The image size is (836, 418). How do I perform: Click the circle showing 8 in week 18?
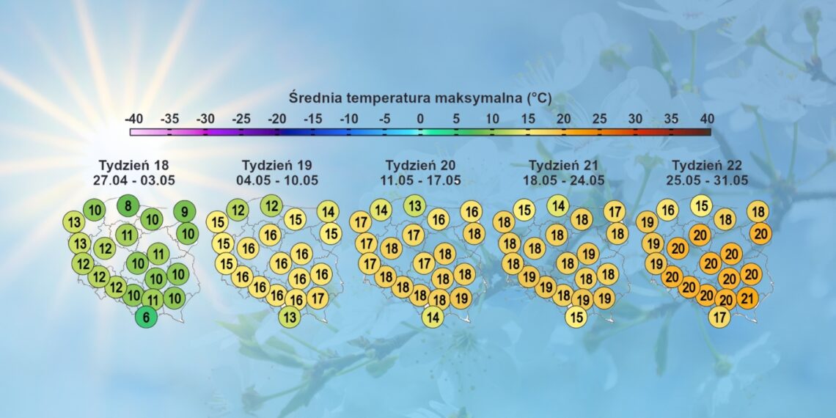coord(128,206)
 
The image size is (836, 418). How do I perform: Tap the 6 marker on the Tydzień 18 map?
coord(146,318)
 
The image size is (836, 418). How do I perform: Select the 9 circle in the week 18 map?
coord(184,213)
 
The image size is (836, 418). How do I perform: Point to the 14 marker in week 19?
coord(329,213)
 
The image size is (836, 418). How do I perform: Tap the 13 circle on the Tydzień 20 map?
coord(415,206)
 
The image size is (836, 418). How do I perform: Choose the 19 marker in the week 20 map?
coord(461,298)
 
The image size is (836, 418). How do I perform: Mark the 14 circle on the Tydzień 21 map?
coord(558,206)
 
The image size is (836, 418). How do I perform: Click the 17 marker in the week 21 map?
coord(615,213)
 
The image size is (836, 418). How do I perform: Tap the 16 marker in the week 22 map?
coord(667,210)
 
